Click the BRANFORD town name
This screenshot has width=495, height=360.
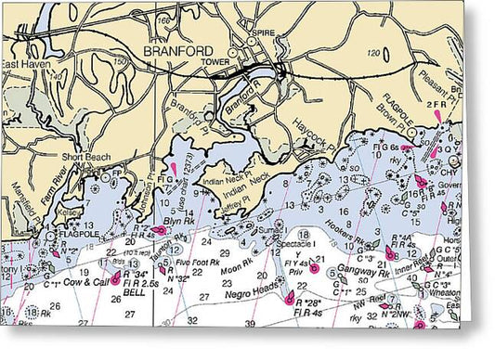tap(177, 51)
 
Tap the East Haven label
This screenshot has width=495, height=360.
tap(20, 65)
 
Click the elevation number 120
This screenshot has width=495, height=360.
tap(374, 54)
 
